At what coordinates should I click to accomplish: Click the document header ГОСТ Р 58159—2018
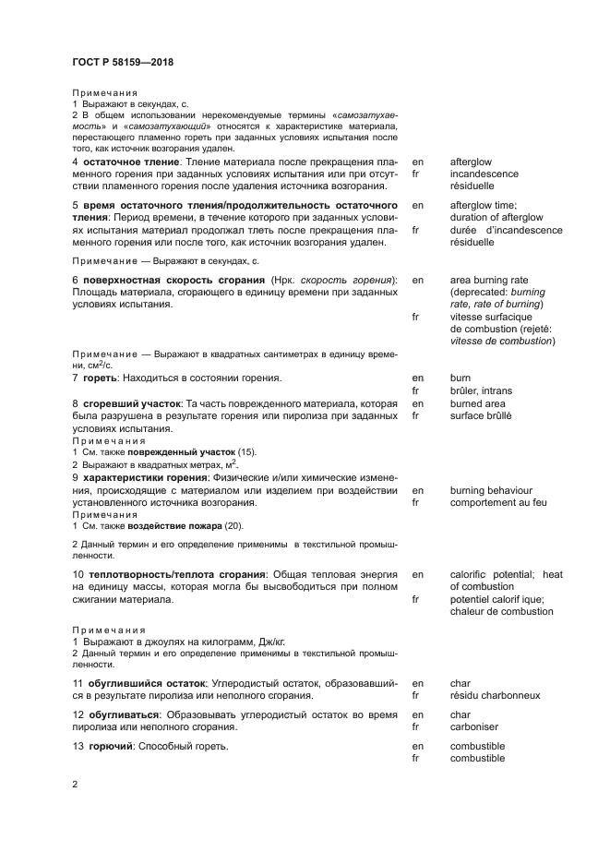coord(123,63)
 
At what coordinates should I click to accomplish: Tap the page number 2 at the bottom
coord(76,784)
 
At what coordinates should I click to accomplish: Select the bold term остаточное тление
coord(125,162)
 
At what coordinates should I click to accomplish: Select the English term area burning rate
coord(488,280)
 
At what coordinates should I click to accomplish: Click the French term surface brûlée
coord(481,416)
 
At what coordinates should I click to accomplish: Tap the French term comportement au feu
coord(498,503)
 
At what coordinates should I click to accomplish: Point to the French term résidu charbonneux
coord(495,695)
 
